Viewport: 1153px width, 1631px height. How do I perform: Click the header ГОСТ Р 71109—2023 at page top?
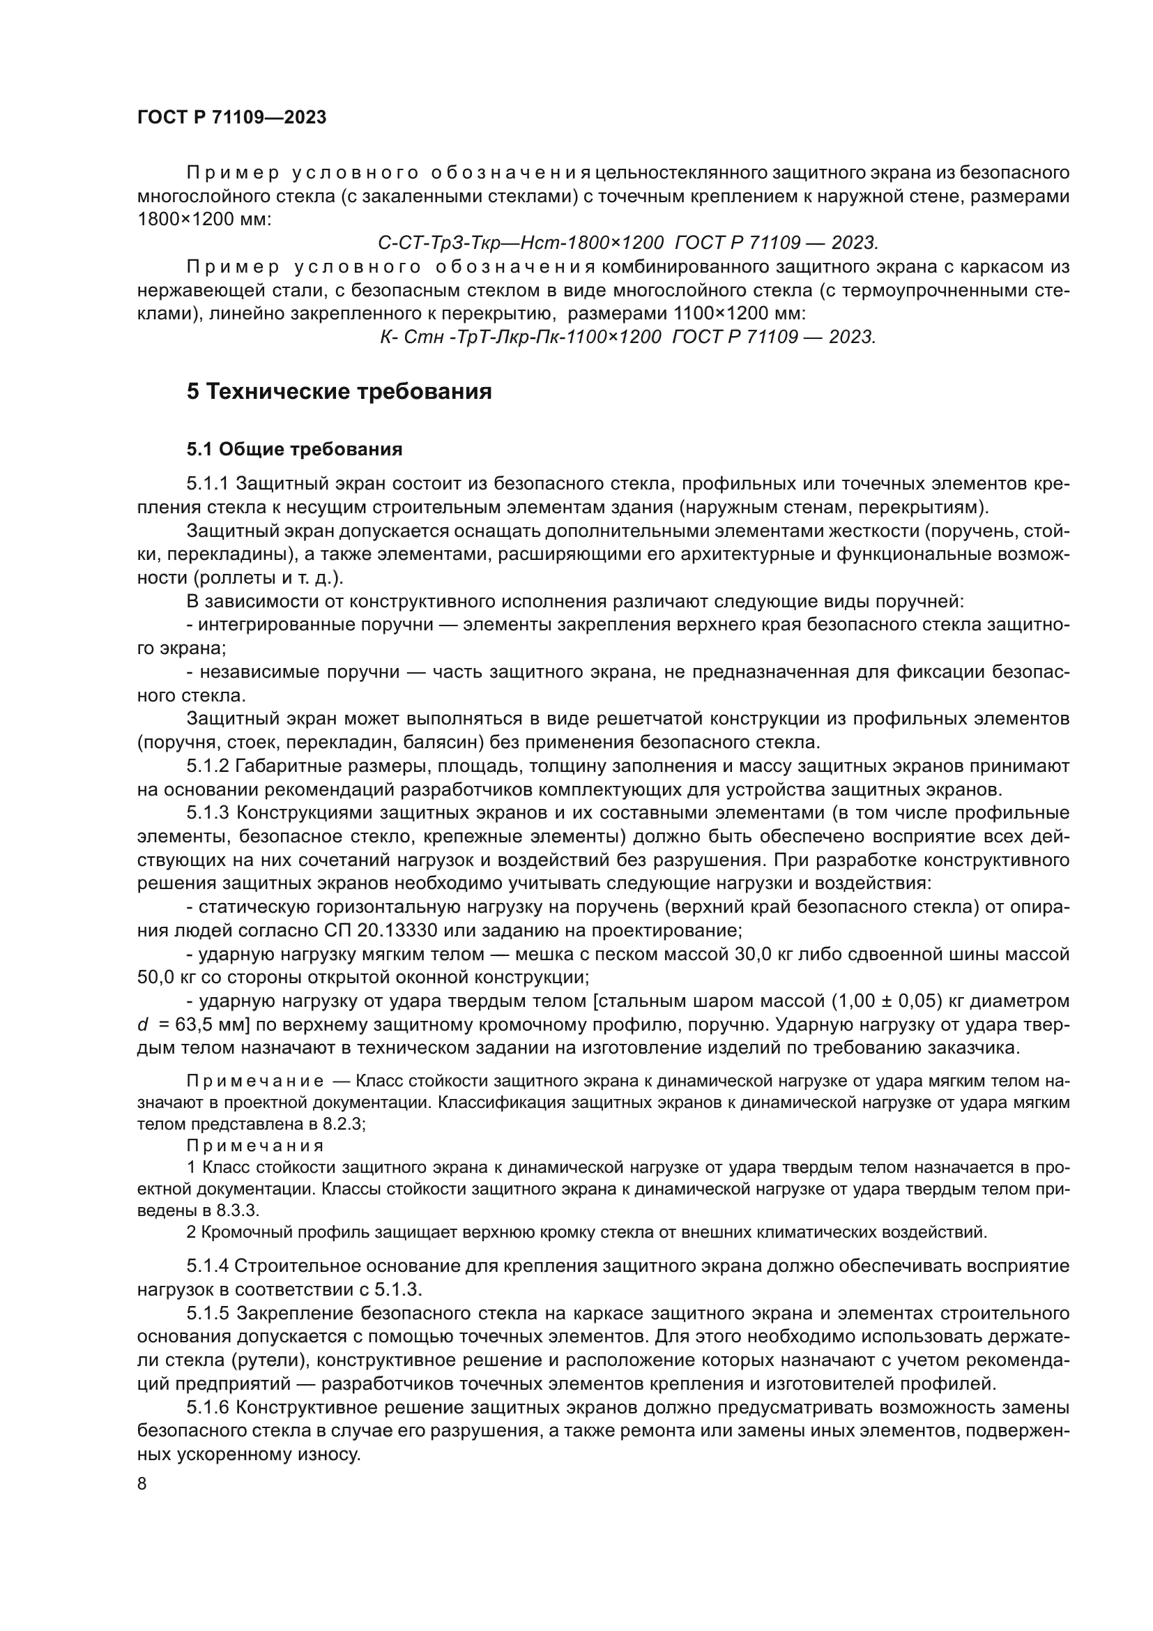[231, 118]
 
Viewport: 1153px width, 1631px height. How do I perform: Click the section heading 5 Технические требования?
[339, 391]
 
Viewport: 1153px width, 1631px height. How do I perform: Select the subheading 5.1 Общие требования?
[294, 449]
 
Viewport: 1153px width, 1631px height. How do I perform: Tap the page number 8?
[142, 1483]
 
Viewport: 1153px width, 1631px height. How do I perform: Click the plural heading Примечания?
[255, 1146]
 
